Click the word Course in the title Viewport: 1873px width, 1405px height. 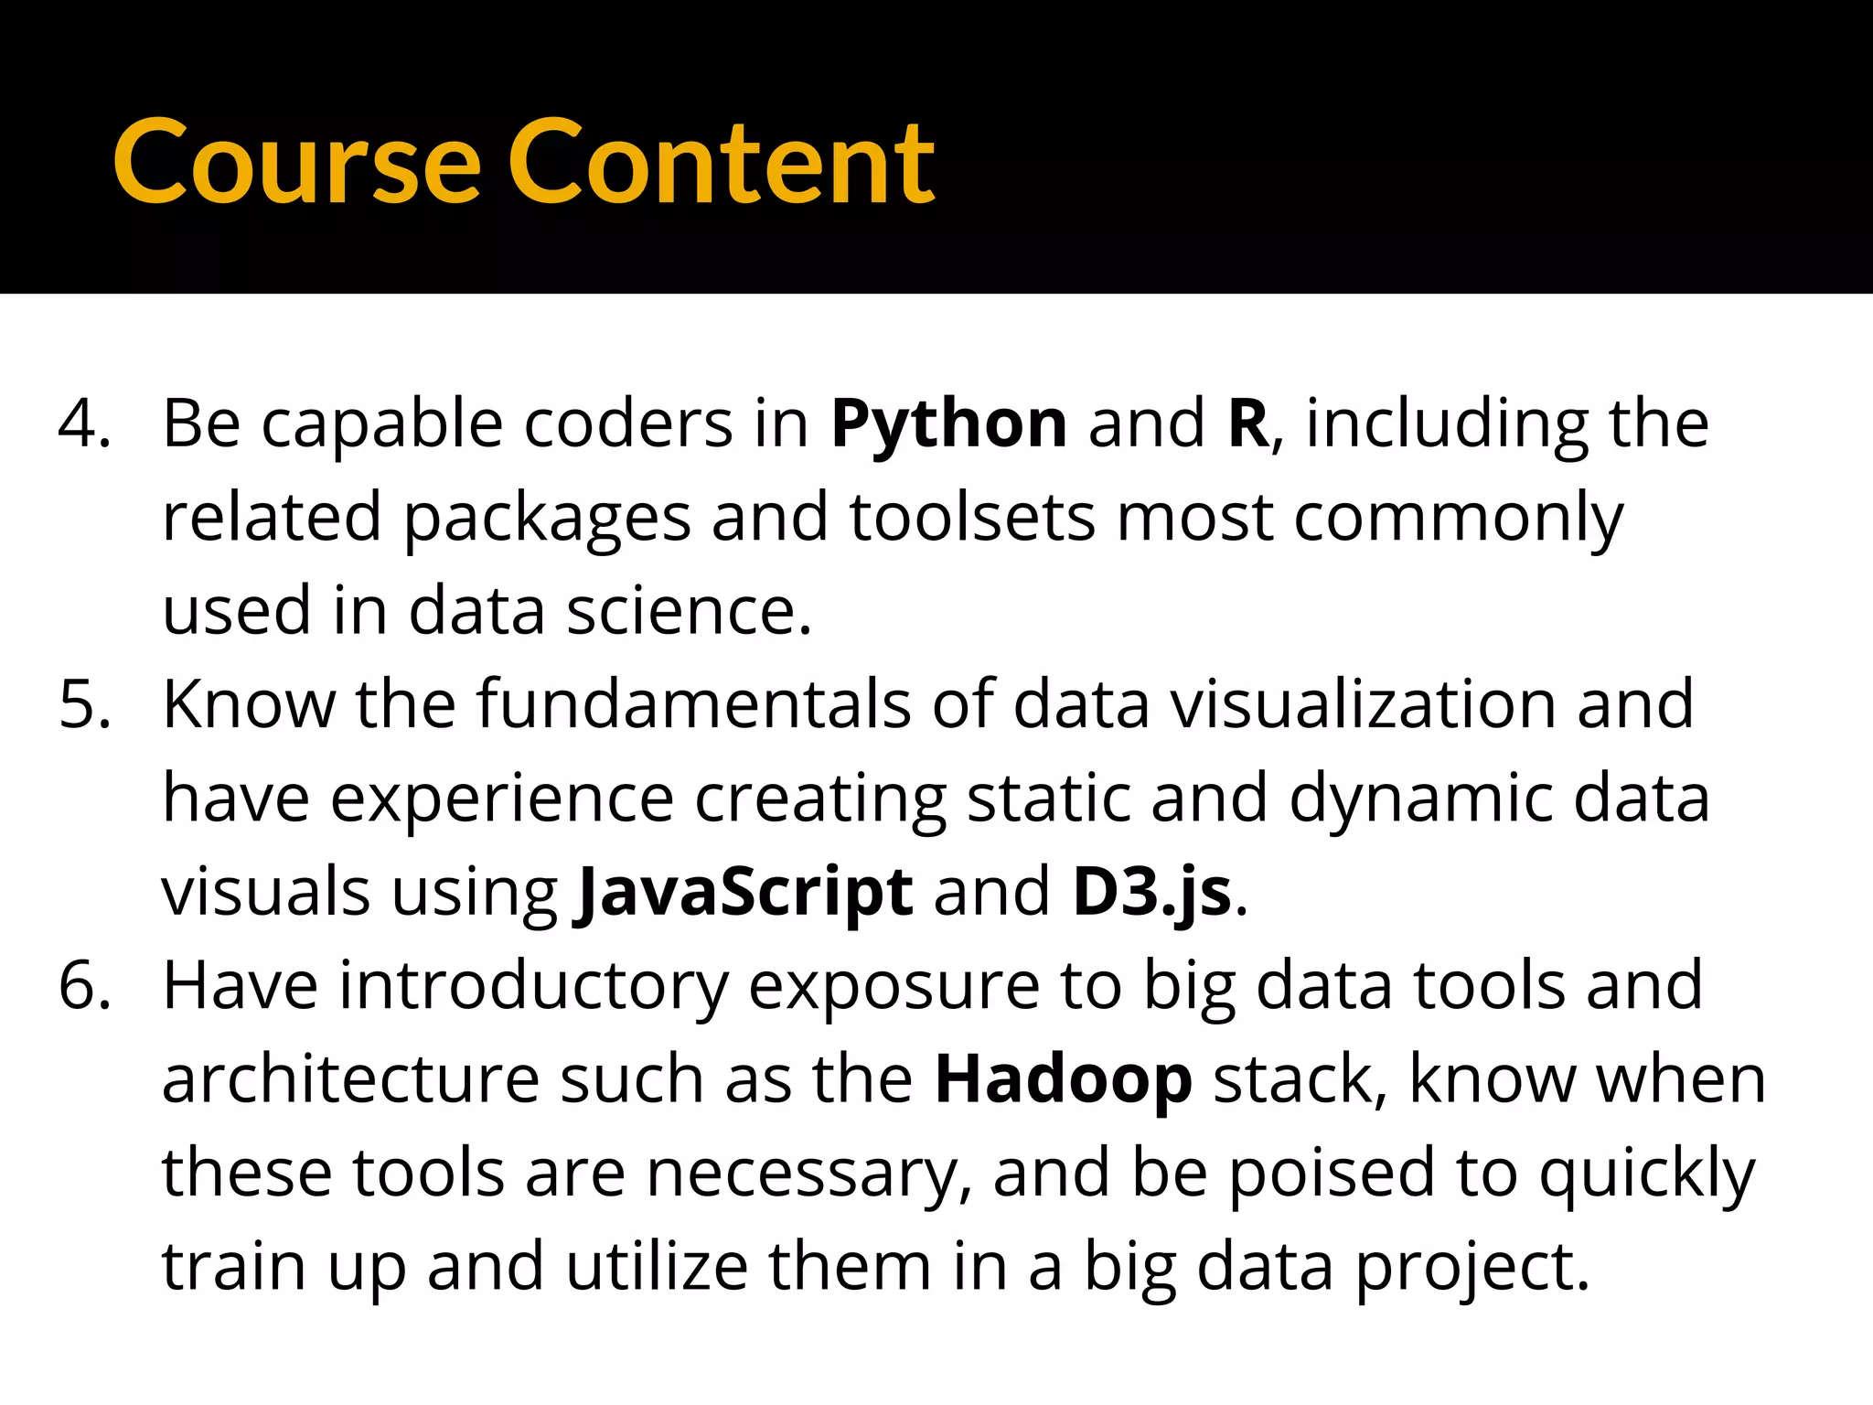tap(296, 165)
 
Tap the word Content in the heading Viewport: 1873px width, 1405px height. tap(722, 165)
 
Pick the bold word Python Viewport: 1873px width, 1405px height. tap(948, 426)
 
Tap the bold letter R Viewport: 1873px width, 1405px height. tap(1247, 424)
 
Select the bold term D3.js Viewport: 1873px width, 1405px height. tap(1151, 894)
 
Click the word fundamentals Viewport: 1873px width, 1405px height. tap(693, 705)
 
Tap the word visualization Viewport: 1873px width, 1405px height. tap(1364, 705)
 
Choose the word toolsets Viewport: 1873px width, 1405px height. tap(971, 519)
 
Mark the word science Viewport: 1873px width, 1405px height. tap(688, 612)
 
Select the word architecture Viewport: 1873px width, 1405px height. tap(350, 1080)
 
